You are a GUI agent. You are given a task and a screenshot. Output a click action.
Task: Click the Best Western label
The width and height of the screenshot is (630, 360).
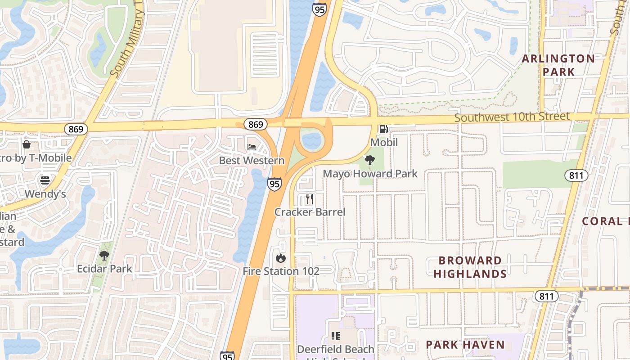tap(252, 161)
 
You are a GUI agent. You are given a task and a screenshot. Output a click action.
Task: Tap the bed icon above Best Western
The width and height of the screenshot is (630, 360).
tap(252, 147)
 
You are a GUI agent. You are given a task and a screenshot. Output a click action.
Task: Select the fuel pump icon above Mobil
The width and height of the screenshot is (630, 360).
tap(383, 129)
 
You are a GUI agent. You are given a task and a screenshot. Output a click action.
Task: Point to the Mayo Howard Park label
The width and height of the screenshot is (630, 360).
tap(370, 174)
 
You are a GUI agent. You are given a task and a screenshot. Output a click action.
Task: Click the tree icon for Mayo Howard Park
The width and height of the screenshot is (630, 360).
tap(370, 160)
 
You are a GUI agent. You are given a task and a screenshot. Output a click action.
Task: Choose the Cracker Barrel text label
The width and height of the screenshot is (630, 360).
tap(310, 212)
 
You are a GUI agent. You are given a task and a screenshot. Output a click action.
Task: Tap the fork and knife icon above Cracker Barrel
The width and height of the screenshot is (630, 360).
tap(309, 199)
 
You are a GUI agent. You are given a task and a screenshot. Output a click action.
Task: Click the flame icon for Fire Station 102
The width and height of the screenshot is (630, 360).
tap(280, 258)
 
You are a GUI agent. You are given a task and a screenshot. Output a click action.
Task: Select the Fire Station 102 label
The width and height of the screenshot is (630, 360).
tap(281, 271)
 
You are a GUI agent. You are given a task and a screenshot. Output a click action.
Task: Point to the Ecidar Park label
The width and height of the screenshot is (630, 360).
tap(104, 269)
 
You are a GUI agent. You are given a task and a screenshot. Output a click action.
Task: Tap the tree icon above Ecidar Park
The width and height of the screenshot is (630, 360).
tap(104, 256)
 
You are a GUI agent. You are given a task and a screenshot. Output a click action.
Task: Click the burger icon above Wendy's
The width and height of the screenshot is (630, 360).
tap(45, 180)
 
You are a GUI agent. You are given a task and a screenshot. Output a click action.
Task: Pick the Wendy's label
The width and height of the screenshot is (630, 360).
tap(45, 194)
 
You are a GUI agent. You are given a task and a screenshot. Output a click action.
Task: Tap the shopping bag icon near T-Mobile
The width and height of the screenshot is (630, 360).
tap(27, 144)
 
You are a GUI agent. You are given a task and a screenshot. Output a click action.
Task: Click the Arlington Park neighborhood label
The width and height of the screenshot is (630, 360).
tap(558, 65)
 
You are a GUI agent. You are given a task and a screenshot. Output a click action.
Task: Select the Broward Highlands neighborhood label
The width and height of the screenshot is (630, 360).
tap(470, 267)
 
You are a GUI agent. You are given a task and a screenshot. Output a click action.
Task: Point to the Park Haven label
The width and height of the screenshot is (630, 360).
tap(465, 345)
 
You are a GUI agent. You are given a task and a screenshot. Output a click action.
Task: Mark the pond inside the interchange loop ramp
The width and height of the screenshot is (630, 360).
tap(311, 140)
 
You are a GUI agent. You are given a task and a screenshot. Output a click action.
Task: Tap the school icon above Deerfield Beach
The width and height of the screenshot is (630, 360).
tap(335, 336)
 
